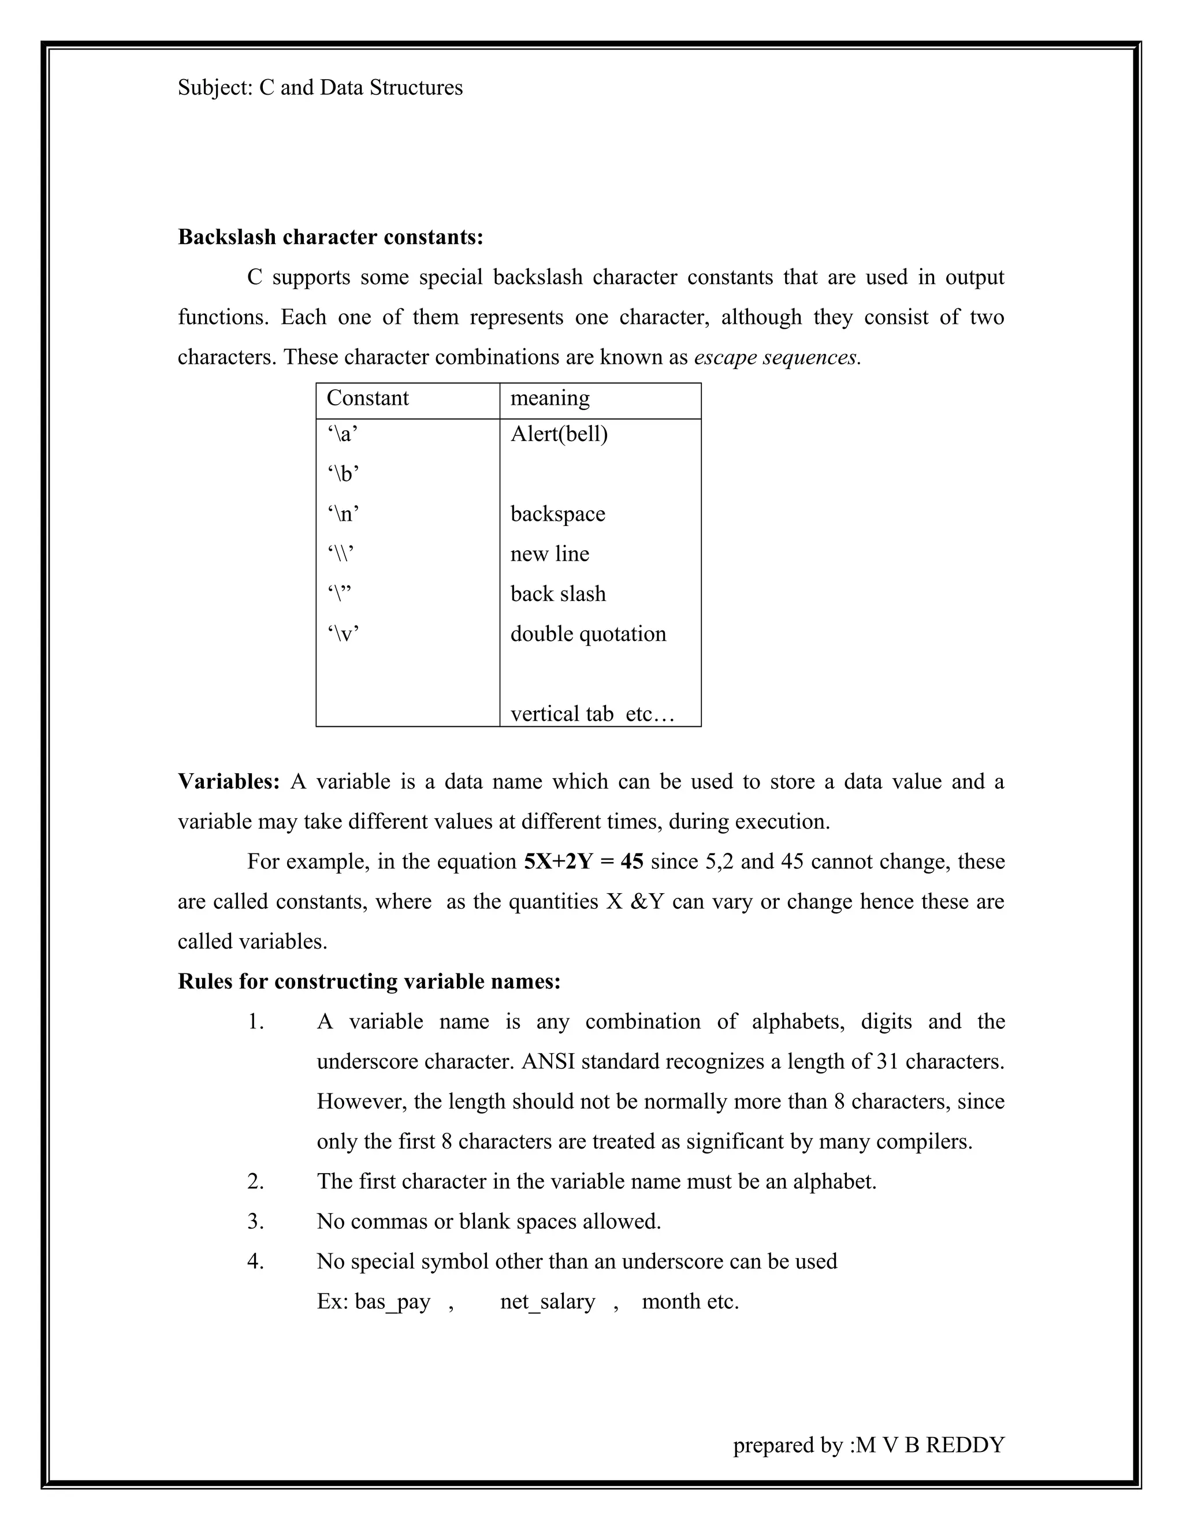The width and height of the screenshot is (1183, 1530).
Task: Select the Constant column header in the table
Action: pyautogui.click(x=367, y=398)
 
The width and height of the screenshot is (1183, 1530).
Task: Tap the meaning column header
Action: pyautogui.click(x=549, y=398)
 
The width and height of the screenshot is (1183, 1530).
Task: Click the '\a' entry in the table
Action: pyautogui.click(x=342, y=434)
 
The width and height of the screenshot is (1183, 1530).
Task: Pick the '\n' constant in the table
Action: pyautogui.click(x=343, y=514)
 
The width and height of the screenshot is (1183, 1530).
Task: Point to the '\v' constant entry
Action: pyautogui.click(x=343, y=634)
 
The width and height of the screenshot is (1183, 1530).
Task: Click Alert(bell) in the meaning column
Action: pyautogui.click(x=559, y=434)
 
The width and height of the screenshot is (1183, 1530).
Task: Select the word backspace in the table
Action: pyautogui.click(x=557, y=514)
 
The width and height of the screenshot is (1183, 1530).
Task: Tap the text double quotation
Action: pyautogui.click(x=587, y=634)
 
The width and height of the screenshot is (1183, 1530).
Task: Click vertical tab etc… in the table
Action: pyautogui.click(x=591, y=714)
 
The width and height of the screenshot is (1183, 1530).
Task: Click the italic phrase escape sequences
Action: pyautogui.click(x=776, y=357)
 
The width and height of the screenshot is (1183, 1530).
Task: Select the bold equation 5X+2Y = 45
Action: pyautogui.click(x=583, y=861)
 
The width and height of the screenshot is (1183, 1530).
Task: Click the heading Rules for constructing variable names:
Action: pyautogui.click(x=369, y=982)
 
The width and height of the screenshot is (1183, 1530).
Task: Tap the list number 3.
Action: pyautogui.click(x=255, y=1221)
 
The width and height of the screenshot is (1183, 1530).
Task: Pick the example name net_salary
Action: pyautogui.click(x=548, y=1301)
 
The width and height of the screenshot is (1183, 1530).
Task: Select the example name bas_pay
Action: pyautogui.click(x=392, y=1301)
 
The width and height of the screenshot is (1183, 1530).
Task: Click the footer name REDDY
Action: pyautogui.click(x=965, y=1445)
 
